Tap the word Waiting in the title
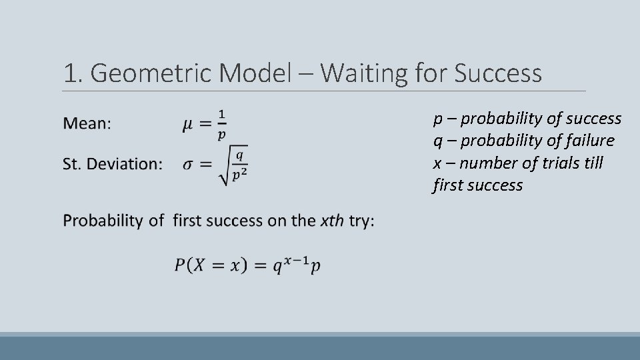(x=359, y=73)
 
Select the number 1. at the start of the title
(x=73, y=73)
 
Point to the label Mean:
(x=87, y=123)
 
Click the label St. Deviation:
(x=112, y=164)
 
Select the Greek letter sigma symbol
(x=189, y=165)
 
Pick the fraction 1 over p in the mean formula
(x=221, y=124)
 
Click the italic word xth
(x=332, y=221)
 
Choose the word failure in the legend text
(x=587, y=141)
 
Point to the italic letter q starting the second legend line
(x=437, y=141)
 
